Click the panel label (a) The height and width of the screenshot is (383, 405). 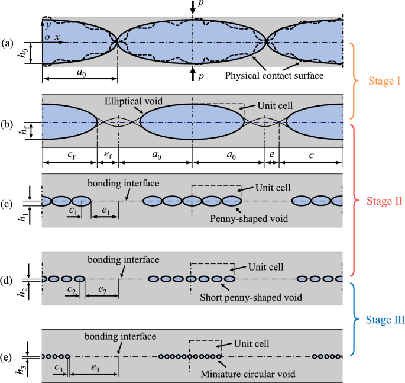(8, 43)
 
